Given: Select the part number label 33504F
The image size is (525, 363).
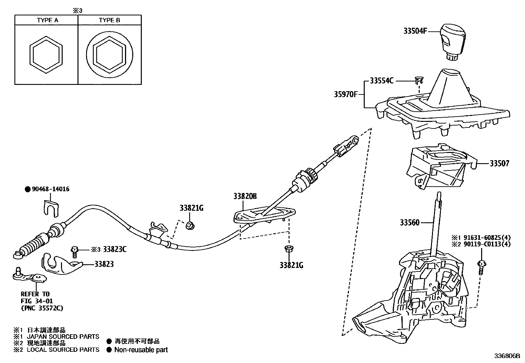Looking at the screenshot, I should (x=415, y=31).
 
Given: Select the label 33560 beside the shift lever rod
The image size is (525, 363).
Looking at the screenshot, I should (x=410, y=223).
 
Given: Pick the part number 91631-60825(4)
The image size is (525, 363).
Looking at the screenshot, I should (x=484, y=237).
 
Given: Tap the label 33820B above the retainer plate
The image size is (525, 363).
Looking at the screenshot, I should (x=245, y=196).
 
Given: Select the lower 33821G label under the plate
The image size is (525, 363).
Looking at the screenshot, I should (x=291, y=265).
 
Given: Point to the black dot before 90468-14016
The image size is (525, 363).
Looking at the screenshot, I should (x=28, y=189).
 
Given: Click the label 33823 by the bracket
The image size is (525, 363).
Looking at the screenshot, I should (x=104, y=264).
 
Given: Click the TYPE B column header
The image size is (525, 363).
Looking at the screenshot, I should (x=109, y=20).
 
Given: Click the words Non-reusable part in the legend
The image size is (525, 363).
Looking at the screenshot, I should (x=141, y=350).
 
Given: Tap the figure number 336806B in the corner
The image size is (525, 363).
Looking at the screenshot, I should (x=507, y=356).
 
